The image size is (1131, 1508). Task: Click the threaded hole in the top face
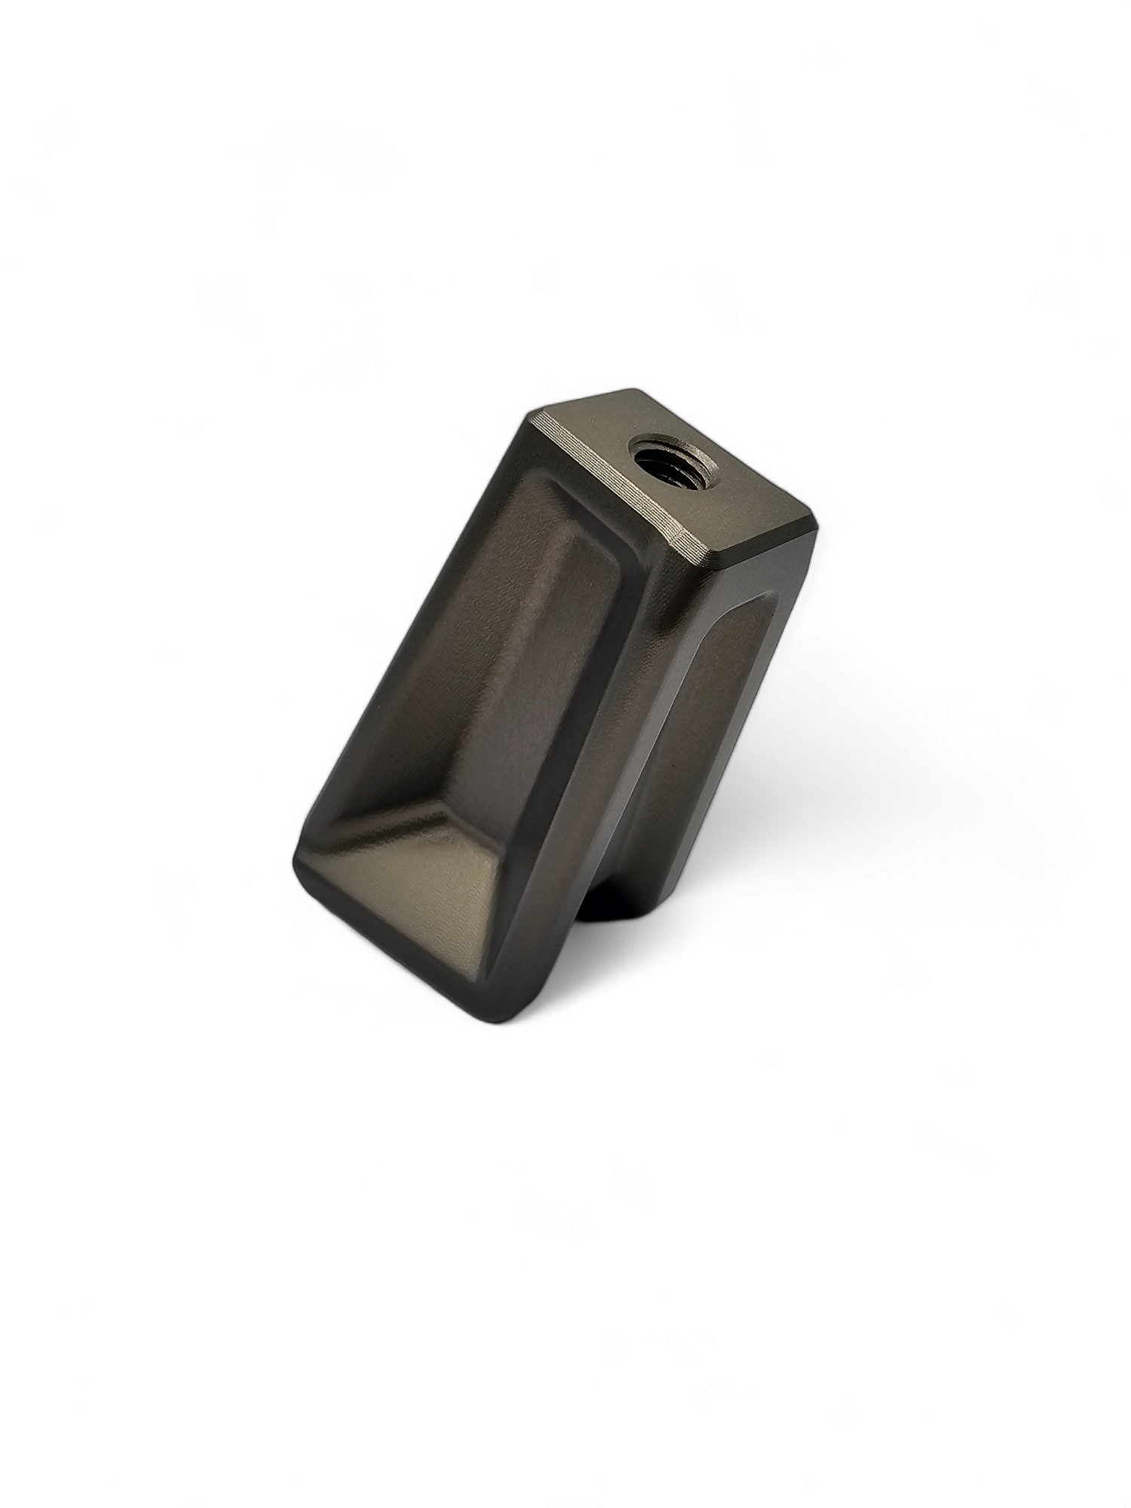[669, 459]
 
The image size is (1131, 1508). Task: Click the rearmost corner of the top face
[637, 391]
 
